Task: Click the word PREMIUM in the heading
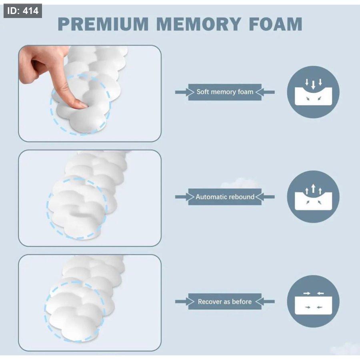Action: coord(103,24)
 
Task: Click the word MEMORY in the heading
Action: coord(199,24)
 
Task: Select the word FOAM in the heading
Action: coord(276,24)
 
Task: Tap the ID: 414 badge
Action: coord(23,11)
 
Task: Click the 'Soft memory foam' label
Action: coord(225,92)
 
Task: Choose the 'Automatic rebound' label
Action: coord(225,197)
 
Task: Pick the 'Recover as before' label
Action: coord(225,302)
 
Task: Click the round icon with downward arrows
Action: coord(313,92)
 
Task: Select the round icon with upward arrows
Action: coord(313,197)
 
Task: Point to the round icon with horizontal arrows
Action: coord(313,302)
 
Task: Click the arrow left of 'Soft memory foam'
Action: coord(184,92)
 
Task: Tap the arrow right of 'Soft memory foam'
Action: coord(265,92)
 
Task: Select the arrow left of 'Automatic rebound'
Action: coord(184,197)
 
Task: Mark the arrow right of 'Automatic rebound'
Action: coord(265,197)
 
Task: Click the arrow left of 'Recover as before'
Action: coord(184,302)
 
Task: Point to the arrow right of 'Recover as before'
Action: coord(265,302)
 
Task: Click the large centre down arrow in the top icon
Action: coord(313,85)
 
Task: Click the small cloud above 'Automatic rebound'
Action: coord(240,183)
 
